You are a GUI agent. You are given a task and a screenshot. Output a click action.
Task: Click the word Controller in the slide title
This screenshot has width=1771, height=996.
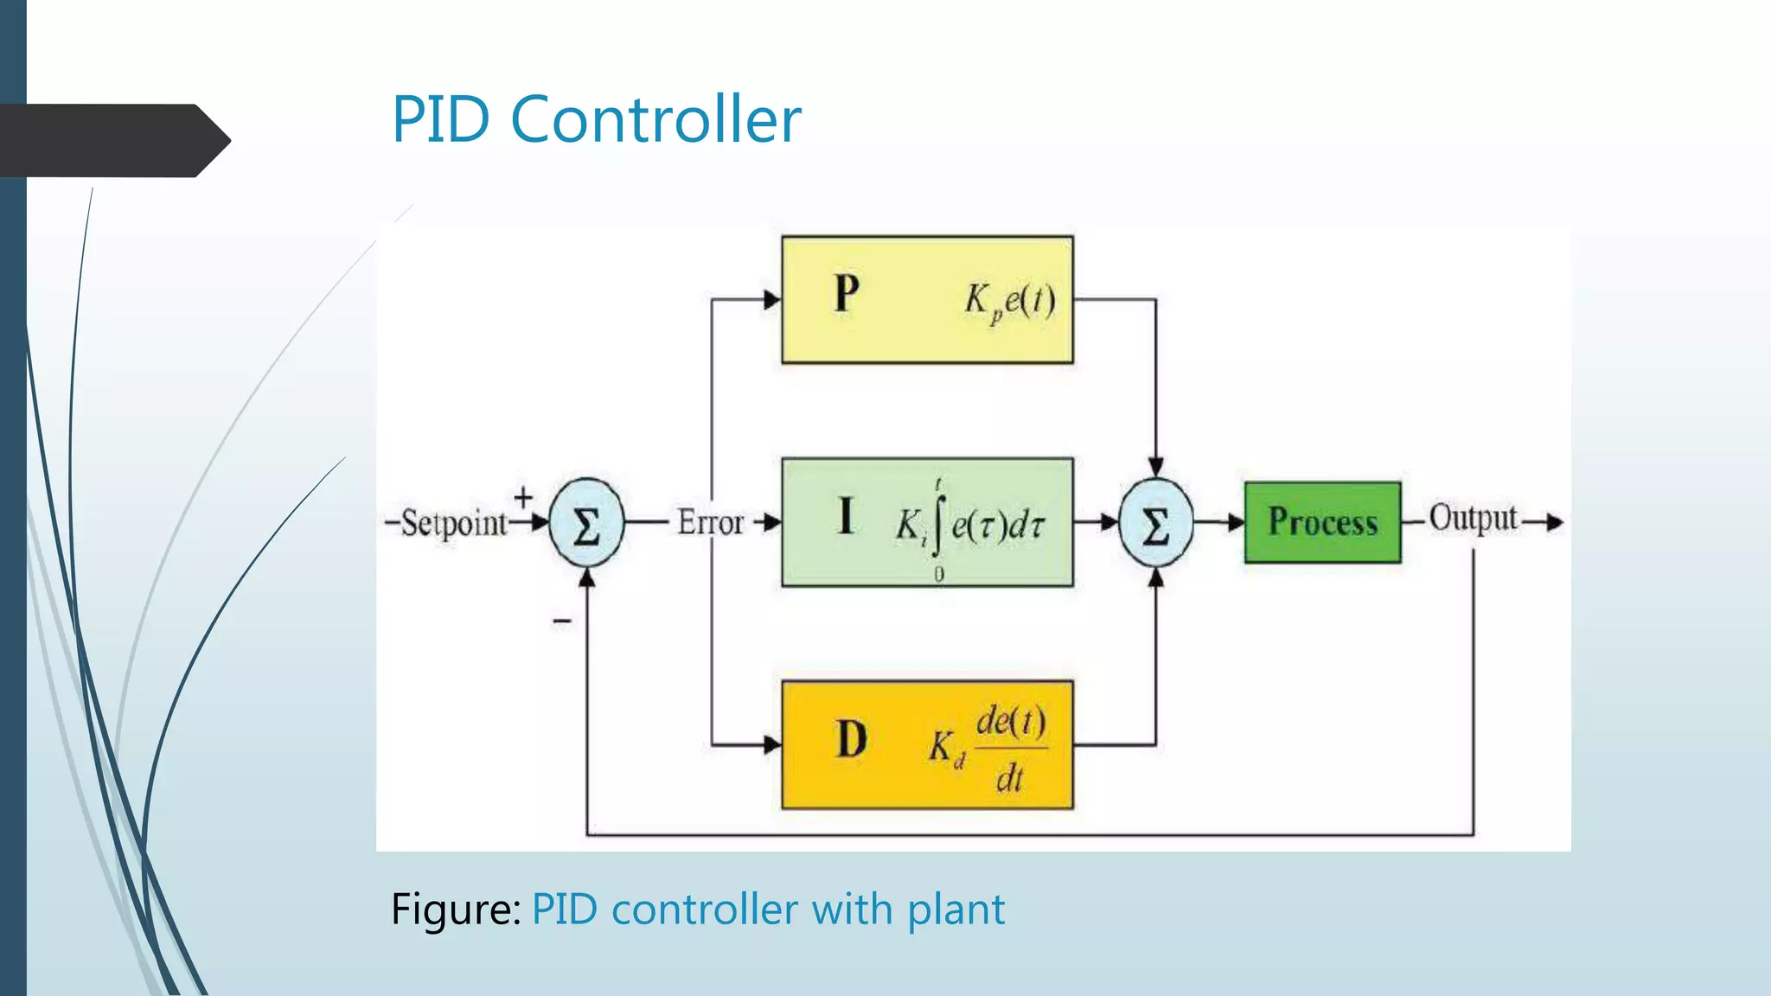655,119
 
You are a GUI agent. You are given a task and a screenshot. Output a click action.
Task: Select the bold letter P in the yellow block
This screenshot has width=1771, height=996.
847,294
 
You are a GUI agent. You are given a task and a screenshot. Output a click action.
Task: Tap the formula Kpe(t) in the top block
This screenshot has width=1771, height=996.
1010,302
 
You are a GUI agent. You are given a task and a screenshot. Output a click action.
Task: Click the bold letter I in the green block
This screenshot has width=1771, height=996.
846,516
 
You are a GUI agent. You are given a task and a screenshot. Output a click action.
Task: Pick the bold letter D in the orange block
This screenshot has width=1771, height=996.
851,740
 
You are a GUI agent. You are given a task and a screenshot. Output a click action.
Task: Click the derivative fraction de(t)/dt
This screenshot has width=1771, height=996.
1010,748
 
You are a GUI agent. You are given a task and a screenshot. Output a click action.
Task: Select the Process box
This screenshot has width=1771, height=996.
1322,522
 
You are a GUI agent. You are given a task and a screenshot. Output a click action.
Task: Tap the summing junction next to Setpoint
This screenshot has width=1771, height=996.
586,523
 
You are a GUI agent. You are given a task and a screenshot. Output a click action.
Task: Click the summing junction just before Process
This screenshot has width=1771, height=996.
1156,523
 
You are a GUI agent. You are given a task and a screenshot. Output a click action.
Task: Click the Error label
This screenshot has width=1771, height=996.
710,522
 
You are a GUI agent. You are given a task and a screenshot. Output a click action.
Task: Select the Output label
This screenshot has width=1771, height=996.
1473,518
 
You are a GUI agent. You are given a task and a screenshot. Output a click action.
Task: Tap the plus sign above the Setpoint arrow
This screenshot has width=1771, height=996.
523,497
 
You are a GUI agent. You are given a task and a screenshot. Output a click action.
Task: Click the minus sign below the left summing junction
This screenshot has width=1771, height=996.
562,620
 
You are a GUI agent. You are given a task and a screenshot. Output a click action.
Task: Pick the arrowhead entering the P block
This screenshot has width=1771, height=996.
771,300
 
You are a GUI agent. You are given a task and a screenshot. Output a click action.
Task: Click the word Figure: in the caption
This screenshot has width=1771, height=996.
456,910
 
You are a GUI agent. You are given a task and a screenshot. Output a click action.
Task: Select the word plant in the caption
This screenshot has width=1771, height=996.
956,910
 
